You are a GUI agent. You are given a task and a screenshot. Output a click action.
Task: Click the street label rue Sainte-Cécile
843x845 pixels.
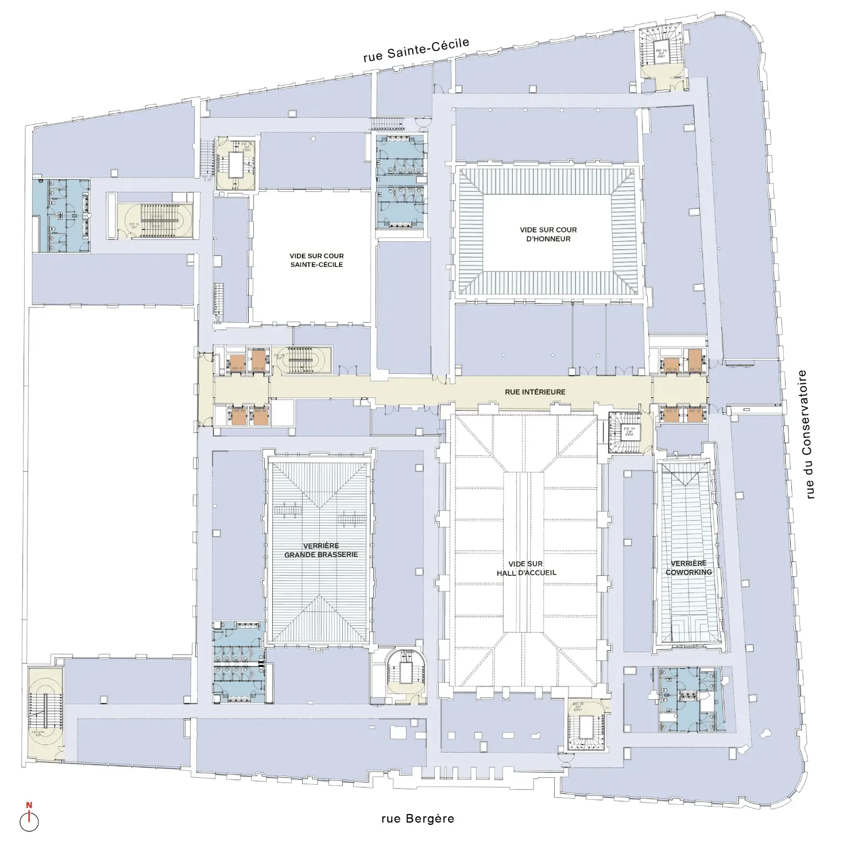(x=416, y=50)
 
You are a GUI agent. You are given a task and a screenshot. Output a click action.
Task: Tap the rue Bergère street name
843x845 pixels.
(x=417, y=819)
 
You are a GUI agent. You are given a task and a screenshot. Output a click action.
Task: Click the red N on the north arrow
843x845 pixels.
(x=29, y=805)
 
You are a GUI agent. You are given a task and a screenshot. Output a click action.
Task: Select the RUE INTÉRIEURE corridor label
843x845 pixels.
(x=535, y=392)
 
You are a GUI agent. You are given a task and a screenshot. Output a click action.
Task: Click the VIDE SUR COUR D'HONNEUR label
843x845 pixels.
(x=548, y=234)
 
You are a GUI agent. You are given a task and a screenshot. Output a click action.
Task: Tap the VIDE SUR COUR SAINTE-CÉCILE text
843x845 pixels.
(x=316, y=260)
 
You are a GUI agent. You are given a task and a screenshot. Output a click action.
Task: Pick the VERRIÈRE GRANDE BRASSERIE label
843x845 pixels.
(x=321, y=551)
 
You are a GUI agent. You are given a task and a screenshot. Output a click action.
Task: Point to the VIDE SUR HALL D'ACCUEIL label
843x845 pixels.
(x=526, y=568)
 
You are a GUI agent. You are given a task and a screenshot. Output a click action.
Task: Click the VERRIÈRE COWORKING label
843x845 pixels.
(x=689, y=568)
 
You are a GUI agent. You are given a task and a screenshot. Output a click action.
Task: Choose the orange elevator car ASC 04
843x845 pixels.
(x=260, y=416)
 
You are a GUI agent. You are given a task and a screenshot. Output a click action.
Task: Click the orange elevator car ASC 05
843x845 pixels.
(x=670, y=365)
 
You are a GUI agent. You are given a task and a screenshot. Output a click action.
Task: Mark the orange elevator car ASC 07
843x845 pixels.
(x=670, y=414)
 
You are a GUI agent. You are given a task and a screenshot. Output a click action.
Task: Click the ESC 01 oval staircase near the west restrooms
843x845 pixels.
(x=155, y=221)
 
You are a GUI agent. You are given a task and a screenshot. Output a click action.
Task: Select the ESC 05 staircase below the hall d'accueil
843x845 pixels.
(x=585, y=726)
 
